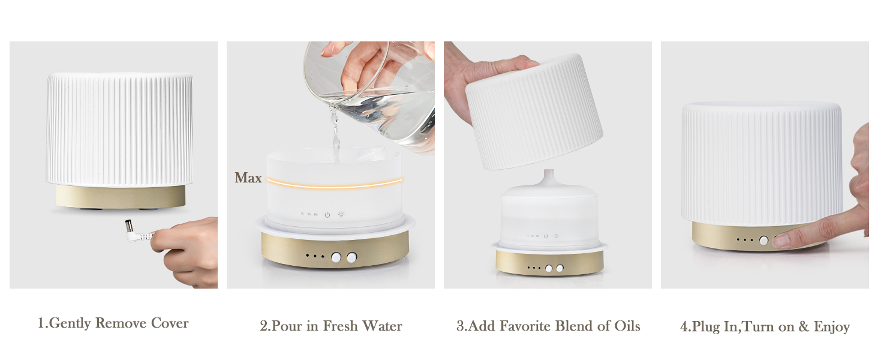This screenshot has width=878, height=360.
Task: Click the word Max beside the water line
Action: [248, 178]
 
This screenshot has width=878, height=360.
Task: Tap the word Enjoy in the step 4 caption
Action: [832, 327]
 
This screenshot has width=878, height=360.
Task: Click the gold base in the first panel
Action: [121, 196]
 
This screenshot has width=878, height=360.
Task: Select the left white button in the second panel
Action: [336, 257]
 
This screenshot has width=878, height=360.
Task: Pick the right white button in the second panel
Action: [351, 257]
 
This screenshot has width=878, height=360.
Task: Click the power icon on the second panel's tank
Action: [327, 214]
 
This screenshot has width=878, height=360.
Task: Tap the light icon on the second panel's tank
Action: [342, 214]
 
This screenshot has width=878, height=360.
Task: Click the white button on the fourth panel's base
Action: [763, 241]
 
